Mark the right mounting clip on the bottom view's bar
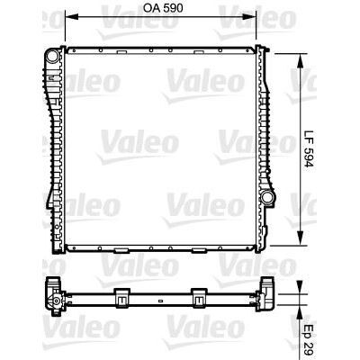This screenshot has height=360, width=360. pos(198,292)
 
